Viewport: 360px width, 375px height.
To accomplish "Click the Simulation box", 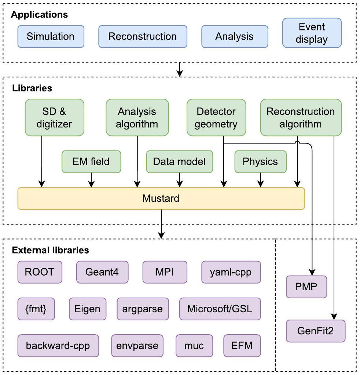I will tap(51, 37).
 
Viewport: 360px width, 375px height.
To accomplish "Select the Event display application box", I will tap(312, 33).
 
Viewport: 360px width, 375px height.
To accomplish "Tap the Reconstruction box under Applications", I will tap(143, 37).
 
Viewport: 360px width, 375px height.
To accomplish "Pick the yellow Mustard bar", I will tap(161, 199).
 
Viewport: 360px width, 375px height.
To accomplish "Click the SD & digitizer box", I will tap(54, 117).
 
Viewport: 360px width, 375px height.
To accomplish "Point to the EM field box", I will tap(91, 161).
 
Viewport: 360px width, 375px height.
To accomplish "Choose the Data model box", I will tap(179, 161).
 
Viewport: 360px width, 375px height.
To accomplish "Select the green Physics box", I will tap(260, 161).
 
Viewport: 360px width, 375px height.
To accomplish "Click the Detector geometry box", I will tap(216, 117).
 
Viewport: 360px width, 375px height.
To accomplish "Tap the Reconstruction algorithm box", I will tap(301, 117).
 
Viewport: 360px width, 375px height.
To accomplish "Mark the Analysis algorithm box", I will tap(137, 117).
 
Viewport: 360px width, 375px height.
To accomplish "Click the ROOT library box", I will tap(40, 272).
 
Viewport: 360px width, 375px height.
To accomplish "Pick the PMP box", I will tap(306, 287).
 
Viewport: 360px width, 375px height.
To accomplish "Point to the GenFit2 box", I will tap(316, 331).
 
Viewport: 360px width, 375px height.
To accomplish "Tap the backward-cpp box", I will tap(58, 345).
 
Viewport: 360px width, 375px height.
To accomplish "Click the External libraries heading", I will tap(50, 250).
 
